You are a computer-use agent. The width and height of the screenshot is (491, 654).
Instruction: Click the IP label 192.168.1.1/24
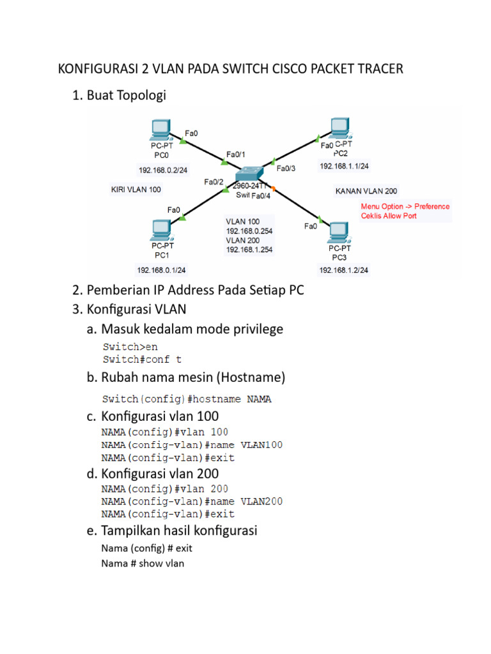(x=345, y=166)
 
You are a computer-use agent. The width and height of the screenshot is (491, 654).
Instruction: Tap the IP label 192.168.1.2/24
(x=343, y=270)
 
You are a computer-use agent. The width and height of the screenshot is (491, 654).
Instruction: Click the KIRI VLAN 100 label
(x=136, y=190)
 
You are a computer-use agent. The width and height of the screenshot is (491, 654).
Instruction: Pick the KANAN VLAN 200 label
(x=366, y=191)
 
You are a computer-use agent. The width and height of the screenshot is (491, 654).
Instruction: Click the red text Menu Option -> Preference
(x=405, y=206)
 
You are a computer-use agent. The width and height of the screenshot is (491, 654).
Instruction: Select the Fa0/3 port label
(x=286, y=169)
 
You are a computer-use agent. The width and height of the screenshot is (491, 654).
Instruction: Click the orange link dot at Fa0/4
(x=272, y=189)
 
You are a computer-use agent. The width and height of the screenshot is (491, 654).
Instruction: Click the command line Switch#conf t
(x=137, y=360)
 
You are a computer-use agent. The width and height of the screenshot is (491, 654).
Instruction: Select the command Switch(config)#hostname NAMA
(x=187, y=399)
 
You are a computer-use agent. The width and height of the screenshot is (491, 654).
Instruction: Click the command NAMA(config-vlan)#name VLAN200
(x=192, y=502)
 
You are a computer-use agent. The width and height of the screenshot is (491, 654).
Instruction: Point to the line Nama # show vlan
(x=143, y=563)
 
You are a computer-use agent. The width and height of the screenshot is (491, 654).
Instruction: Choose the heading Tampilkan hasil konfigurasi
(x=179, y=531)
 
